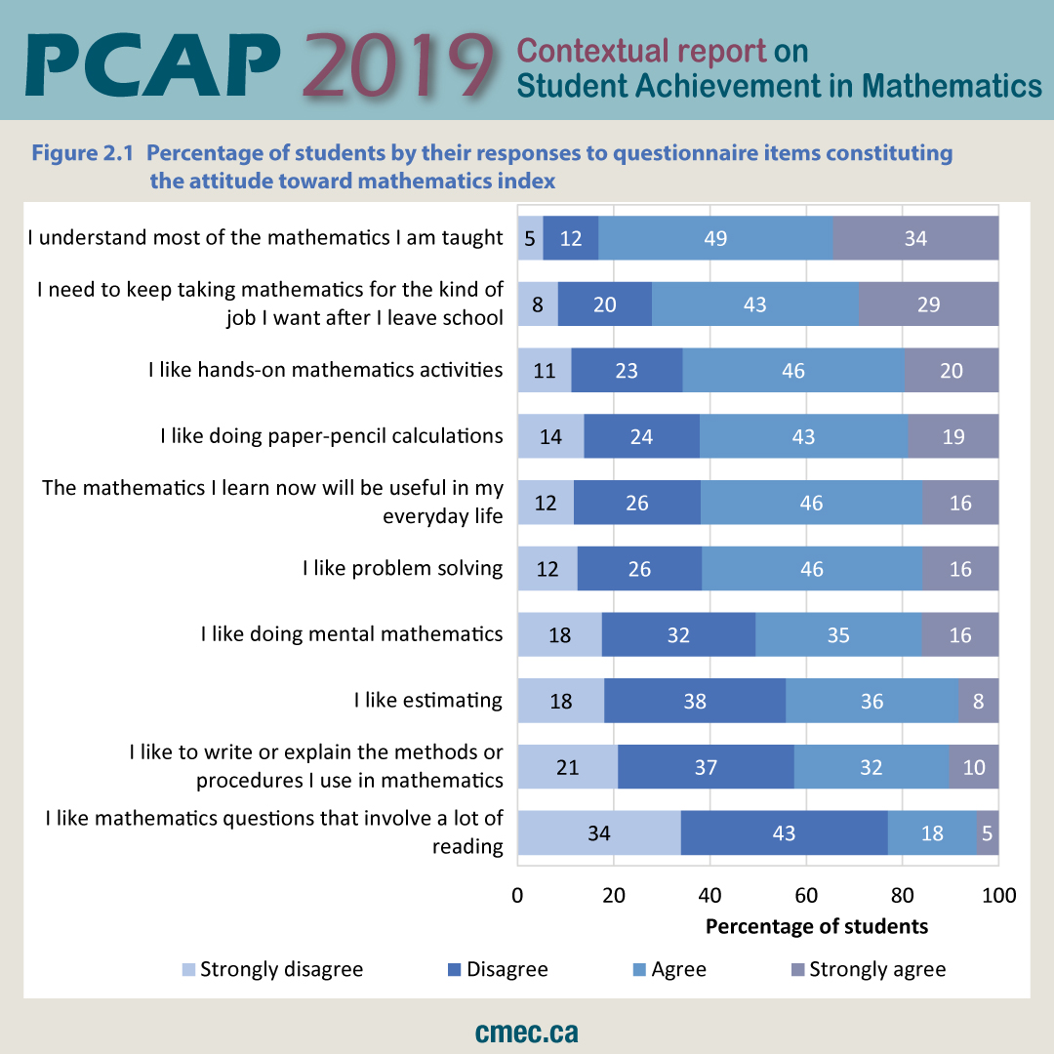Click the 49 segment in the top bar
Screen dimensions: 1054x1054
pos(715,238)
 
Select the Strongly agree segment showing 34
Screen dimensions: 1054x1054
pos(915,238)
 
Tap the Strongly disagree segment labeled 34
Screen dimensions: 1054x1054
pos(599,832)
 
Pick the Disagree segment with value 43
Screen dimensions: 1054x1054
pos(784,832)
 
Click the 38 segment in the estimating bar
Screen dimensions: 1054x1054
pos(695,701)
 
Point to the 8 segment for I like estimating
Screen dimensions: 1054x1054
pos(978,701)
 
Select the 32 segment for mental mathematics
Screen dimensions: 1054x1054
pos(678,634)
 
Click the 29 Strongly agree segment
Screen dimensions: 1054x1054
pos(928,304)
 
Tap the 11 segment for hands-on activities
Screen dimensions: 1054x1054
pos(545,371)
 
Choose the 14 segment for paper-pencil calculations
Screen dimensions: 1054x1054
pos(550,436)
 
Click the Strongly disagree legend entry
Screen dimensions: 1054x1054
pos(272,969)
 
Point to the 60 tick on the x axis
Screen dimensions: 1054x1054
pos(805,895)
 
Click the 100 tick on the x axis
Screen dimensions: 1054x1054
pos(997,895)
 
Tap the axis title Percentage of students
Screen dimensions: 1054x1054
pos(816,926)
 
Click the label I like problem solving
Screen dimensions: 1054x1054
pos(402,568)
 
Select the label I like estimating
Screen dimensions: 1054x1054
pos(427,700)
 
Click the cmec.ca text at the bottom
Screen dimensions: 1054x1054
pos(527,1032)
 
